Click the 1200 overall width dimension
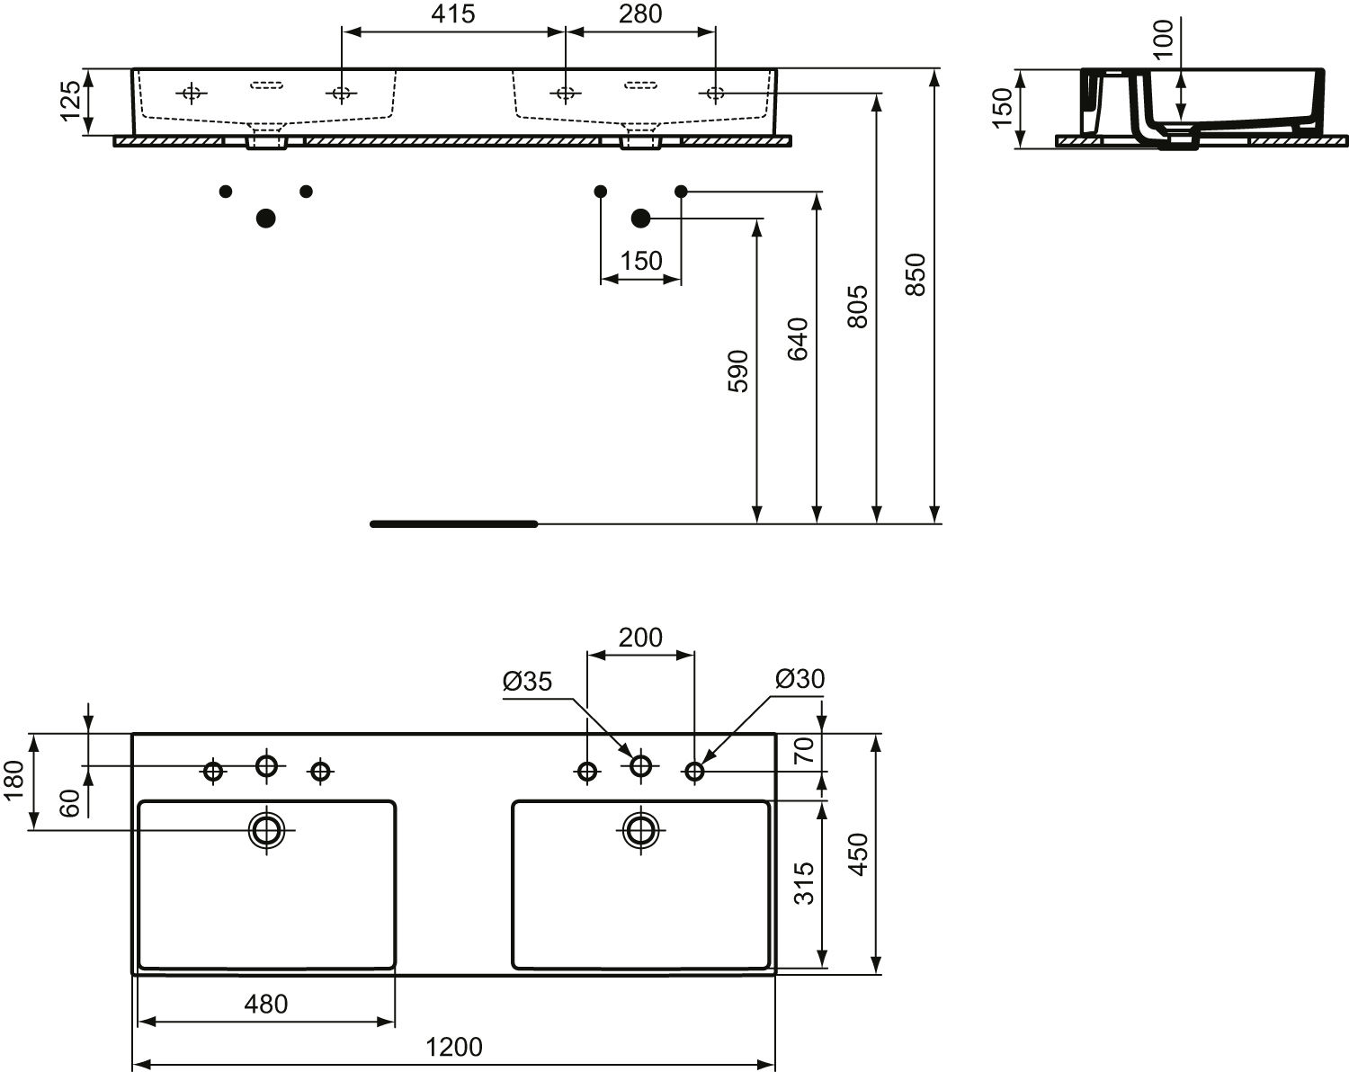click(454, 1047)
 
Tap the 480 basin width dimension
click(266, 1005)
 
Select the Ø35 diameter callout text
click(527, 681)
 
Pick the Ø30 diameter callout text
click(800, 678)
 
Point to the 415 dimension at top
click(452, 13)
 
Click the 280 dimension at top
click(640, 13)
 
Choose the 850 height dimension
click(916, 274)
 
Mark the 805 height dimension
click(858, 307)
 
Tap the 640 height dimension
click(798, 339)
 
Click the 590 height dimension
click(738, 371)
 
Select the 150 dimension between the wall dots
click(640, 261)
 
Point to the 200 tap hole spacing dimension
click(640, 638)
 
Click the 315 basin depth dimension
click(804, 883)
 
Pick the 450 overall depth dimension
click(858, 854)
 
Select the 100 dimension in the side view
click(1163, 39)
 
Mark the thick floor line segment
click(454, 524)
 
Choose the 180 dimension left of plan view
click(13, 780)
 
